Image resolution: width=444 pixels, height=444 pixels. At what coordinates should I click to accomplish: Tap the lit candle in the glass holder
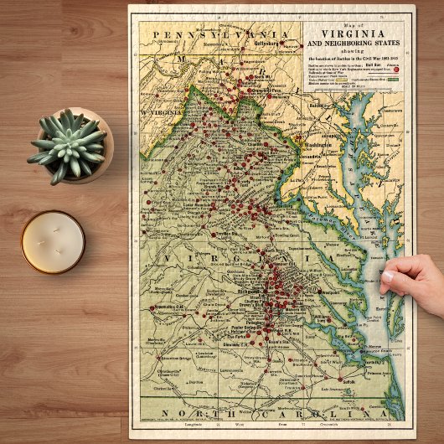click(53, 241)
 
